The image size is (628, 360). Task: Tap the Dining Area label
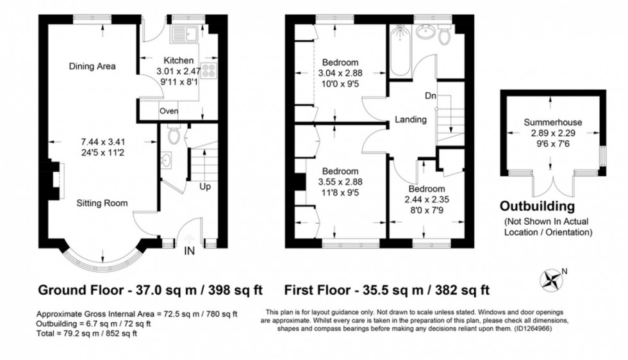[93, 66]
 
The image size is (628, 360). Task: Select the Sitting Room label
[102, 203]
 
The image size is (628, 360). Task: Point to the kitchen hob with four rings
[210, 70]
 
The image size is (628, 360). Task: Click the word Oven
[169, 111]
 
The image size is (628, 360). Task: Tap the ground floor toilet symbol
[171, 135]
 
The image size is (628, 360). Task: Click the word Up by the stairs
[205, 187]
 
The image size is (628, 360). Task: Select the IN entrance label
[190, 250]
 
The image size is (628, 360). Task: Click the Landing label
[411, 119]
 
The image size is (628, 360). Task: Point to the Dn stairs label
[431, 96]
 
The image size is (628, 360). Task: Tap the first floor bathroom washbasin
[424, 32]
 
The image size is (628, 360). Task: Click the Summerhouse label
[550, 121]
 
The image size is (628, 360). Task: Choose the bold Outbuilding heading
[546, 206]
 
